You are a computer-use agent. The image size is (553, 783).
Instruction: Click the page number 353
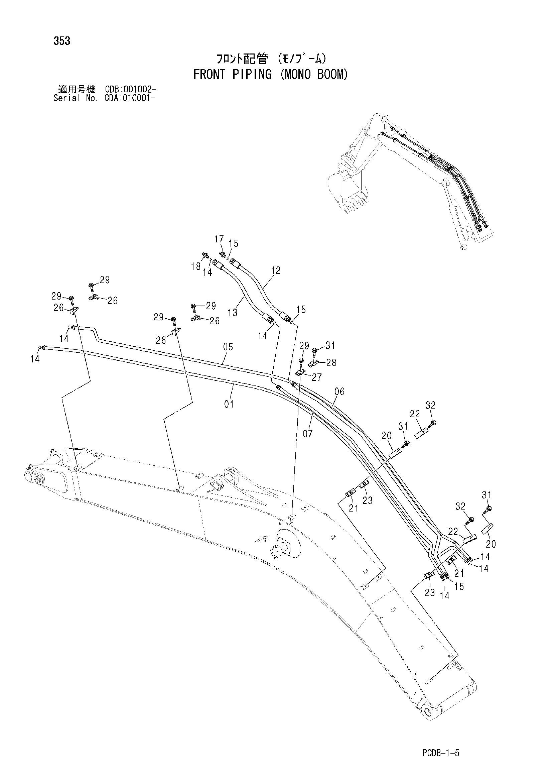pyautogui.click(x=62, y=41)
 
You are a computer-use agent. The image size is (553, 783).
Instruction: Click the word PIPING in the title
pyautogui.click(x=252, y=74)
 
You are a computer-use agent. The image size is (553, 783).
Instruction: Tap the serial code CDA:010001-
pyautogui.click(x=131, y=98)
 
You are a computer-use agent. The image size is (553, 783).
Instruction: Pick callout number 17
pyautogui.click(x=219, y=239)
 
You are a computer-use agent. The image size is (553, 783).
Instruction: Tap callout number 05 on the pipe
pyautogui.click(x=228, y=347)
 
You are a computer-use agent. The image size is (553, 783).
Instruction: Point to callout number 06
pyautogui.click(x=339, y=391)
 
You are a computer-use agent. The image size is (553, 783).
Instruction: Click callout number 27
pyautogui.click(x=317, y=377)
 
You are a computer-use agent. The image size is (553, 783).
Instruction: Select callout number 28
pyautogui.click(x=331, y=362)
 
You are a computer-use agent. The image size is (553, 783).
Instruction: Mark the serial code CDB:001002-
pyautogui.click(x=131, y=90)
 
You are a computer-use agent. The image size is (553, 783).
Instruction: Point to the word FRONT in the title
pyautogui.click(x=209, y=74)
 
